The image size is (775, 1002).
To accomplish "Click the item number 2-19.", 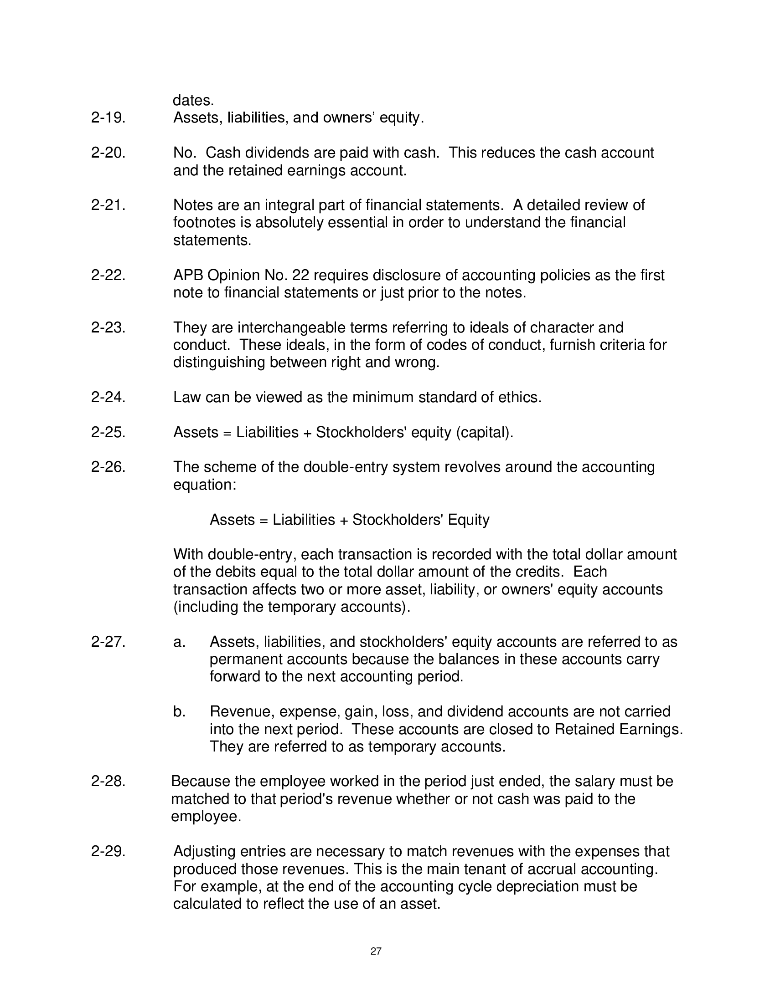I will pos(108,118).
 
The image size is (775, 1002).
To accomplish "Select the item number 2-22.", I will pos(108,275).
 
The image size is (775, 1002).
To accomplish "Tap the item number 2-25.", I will pos(108,432).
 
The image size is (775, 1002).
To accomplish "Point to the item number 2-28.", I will pos(108,781).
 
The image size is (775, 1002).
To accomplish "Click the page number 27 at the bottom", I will pos(376,951).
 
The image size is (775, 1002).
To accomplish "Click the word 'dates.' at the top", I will pos(193,101).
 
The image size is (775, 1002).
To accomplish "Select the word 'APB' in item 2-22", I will pos(188,275).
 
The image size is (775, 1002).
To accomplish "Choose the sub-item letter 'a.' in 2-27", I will pos(179,642).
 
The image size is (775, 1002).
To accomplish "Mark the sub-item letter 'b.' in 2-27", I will pos(179,711).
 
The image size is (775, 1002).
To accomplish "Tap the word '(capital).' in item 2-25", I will pos(484,432).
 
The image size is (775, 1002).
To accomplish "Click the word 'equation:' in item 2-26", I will pos(204,485).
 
